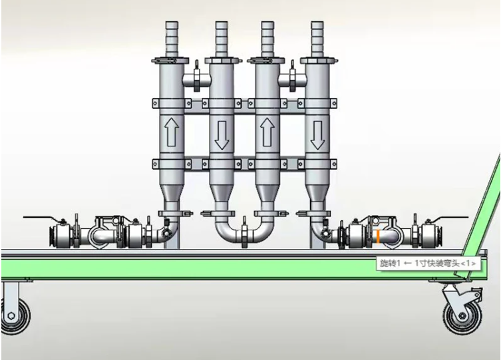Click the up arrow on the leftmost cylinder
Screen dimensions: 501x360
point(172,132)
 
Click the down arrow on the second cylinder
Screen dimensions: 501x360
point(222,135)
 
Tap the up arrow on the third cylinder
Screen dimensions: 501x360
point(267,132)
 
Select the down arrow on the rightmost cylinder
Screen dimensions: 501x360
point(317,135)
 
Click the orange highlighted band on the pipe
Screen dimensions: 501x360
point(378,236)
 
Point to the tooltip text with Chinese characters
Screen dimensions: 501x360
point(428,264)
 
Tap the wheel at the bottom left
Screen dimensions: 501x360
point(13,315)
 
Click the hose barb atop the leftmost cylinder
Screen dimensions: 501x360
point(172,39)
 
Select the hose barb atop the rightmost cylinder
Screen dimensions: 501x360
point(317,39)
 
